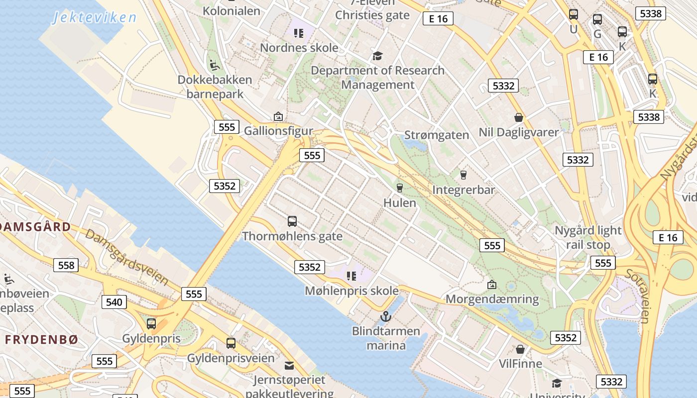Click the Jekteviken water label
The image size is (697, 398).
(94, 18)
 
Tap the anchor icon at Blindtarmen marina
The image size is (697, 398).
(385, 316)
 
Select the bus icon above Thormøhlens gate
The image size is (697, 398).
(292, 221)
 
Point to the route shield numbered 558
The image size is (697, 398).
(66, 265)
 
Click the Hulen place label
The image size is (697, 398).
(400, 203)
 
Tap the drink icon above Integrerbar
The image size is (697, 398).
(464, 175)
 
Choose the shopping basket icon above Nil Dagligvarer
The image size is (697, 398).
(519, 117)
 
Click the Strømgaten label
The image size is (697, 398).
(437, 135)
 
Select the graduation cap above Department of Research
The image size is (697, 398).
(377, 55)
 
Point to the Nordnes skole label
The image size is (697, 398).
(299, 48)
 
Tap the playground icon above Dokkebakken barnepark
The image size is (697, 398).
(215, 64)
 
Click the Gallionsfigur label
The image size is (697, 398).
(278, 131)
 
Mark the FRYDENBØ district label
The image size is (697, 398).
(42, 340)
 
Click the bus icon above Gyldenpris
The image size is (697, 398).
(151, 324)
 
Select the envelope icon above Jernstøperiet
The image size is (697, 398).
(289, 366)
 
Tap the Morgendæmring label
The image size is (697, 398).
(492, 299)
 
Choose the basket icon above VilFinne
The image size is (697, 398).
(520, 349)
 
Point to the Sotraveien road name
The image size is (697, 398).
(637, 296)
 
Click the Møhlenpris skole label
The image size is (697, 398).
(351, 291)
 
